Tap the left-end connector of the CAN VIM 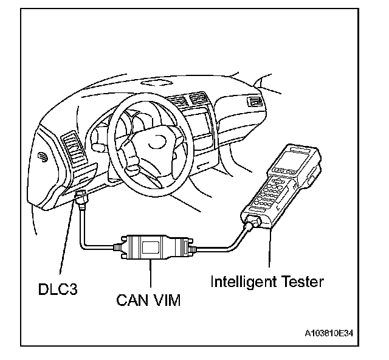click(119, 247)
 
